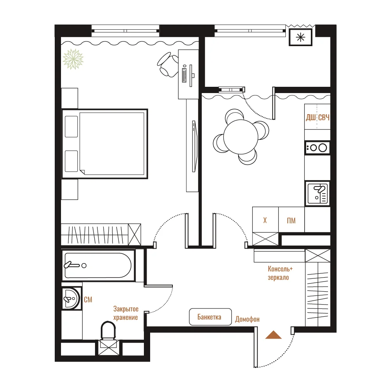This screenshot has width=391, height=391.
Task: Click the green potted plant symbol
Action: coord(73,59)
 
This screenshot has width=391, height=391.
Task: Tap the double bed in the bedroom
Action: coord(105,144)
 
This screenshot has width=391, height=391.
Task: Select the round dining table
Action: coord(240,136)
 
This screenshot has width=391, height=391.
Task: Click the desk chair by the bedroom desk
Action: coord(168,65)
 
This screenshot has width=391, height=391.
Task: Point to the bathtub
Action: coord(98,265)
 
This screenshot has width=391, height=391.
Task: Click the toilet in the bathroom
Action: coord(108,330)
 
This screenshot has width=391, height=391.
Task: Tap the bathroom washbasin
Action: coord(71,298)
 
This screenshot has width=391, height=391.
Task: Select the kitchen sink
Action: coord(317,194)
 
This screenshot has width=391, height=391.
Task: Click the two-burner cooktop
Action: coord(317,148)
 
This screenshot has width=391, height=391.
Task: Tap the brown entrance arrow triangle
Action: coord(273,335)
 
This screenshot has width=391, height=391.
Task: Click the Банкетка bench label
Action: coord(209,317)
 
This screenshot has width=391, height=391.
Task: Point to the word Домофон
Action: coord(247,319)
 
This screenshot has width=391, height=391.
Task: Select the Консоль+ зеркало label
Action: coord(280,273)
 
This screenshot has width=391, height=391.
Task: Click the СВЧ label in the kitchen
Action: coord(324,117)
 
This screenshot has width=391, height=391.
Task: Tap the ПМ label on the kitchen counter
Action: coord(291,221)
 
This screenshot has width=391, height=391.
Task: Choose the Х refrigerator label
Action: coord(265,220)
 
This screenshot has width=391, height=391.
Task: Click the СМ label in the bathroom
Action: coord(88,300)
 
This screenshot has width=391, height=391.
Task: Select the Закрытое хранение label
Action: coord(126,313)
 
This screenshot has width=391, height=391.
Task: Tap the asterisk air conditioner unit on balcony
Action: coord(300,38)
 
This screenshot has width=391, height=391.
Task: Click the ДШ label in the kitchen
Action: coord(311,117)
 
